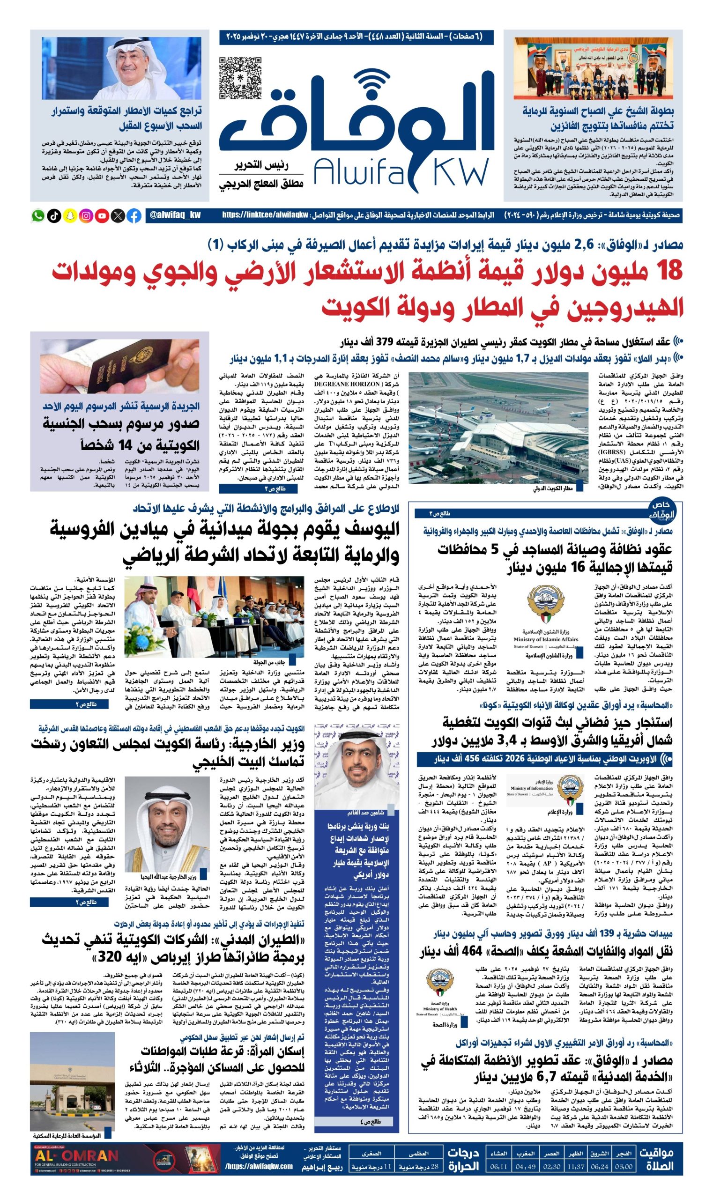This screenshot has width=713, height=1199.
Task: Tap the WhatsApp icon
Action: [37, 216]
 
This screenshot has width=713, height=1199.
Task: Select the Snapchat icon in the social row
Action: [70, 216]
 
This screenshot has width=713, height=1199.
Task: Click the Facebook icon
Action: [134, 216]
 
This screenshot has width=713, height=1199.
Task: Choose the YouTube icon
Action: [102, 216]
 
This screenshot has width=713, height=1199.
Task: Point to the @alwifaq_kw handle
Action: [175, 216]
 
